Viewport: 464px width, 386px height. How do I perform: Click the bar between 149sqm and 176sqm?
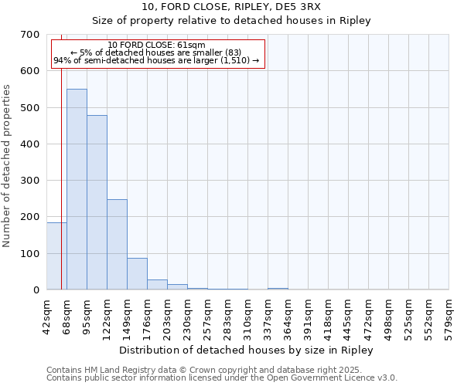[137, 274]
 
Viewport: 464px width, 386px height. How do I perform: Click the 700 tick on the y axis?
[31, 35]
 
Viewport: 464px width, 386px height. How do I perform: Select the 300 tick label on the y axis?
[31, 181]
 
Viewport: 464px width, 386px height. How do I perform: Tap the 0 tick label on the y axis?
[36, 290]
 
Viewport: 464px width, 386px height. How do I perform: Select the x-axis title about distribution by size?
[247, 350]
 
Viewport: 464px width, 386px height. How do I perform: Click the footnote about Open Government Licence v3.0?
[222, 378]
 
